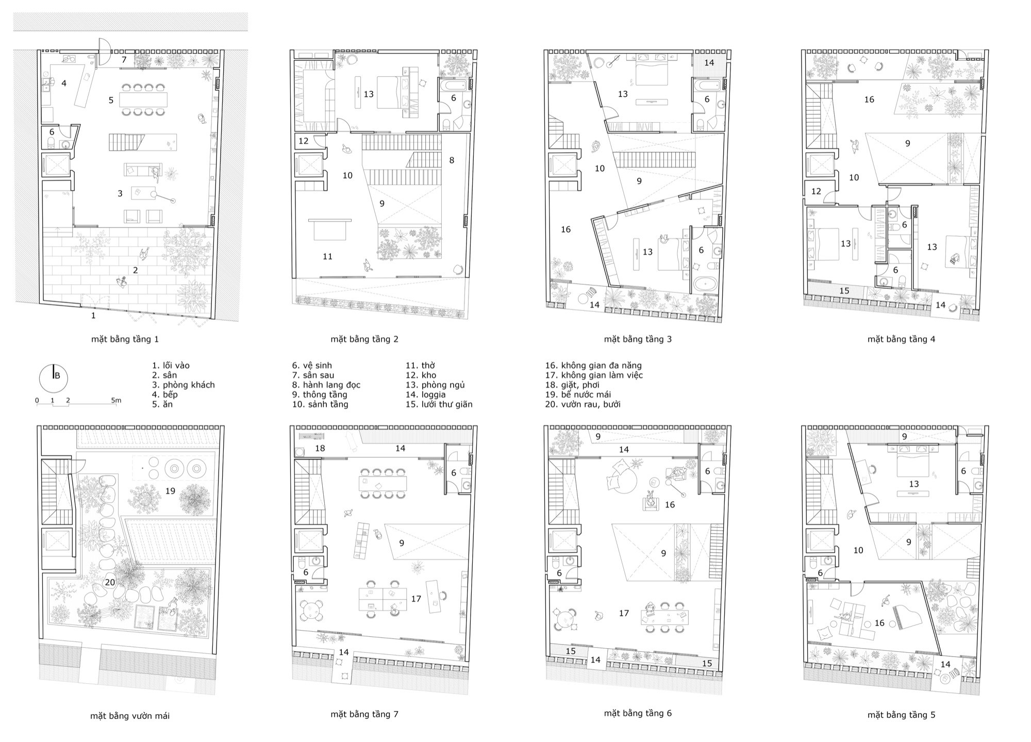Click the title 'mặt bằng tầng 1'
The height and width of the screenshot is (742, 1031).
point(125,339)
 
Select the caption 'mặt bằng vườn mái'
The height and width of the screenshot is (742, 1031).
point(130,716)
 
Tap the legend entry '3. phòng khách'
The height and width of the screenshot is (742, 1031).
point(183,385)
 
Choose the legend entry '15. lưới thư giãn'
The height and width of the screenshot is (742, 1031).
point(439,405)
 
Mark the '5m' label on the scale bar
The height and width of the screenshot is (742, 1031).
point(117,400)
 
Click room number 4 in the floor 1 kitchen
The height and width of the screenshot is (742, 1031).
point(64,83)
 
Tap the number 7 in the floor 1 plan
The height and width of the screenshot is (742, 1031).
point(124,60)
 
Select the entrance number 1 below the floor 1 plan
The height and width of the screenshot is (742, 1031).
point(93,316)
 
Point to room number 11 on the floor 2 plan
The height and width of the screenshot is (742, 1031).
point(327,256)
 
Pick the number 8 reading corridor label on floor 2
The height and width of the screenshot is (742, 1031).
point(452,160)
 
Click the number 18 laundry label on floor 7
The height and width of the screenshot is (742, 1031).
point(320,448)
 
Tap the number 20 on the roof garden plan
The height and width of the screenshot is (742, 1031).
point(110,582)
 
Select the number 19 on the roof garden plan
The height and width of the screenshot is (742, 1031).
point(170,491)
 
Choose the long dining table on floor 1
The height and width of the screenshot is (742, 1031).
point(144,100)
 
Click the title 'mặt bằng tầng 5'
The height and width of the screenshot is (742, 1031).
point(901,715)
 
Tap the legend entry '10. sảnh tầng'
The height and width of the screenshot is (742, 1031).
point(320,405)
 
